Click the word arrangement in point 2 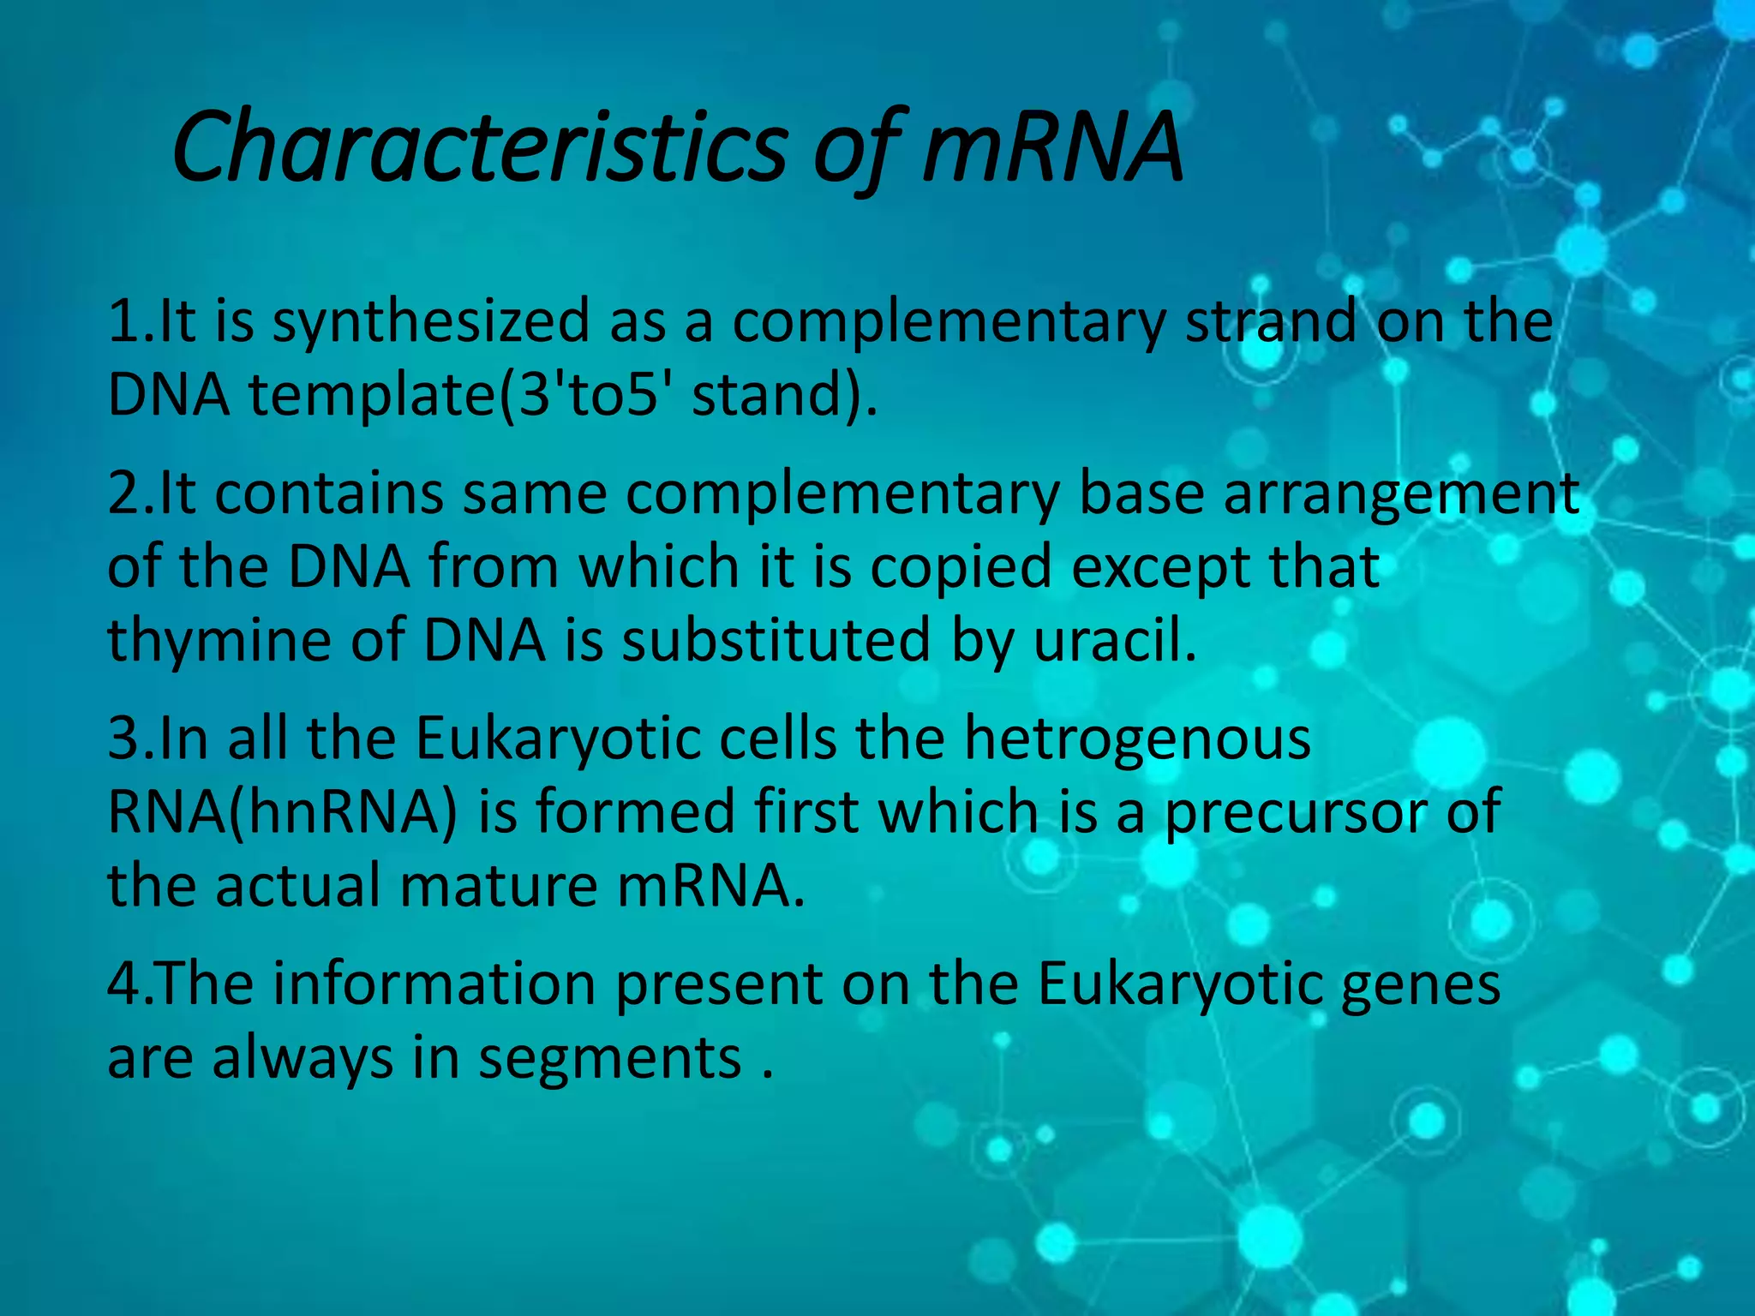[1401, 495]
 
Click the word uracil [1114, 641]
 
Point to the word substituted [776, 641]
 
